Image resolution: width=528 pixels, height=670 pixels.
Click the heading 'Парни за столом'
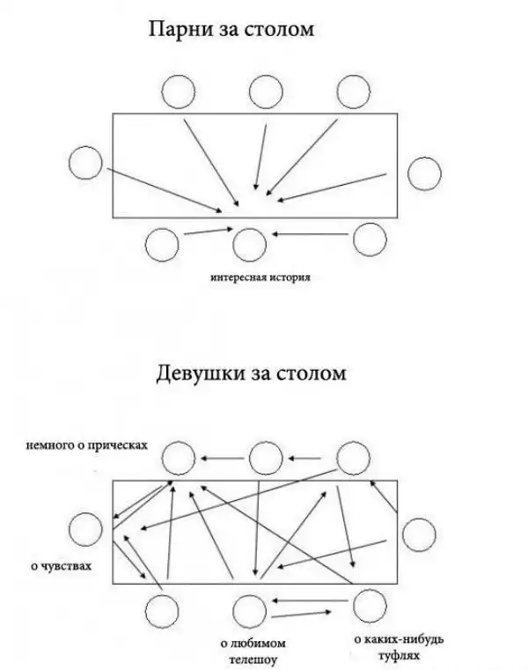[233, 32]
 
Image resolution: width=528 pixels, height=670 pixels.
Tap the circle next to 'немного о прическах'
[179, 457]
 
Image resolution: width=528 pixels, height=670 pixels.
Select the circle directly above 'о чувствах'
[86, 530]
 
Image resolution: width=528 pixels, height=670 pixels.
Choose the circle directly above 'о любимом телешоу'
[250, 609]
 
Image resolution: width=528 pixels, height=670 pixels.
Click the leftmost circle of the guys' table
[85, 164]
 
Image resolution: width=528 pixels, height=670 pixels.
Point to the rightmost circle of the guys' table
[423, 173]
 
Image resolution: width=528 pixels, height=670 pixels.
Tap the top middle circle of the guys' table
[266, 92]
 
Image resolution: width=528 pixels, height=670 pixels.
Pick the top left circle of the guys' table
[179, 92]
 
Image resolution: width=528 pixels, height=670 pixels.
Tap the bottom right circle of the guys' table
[370, 239]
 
